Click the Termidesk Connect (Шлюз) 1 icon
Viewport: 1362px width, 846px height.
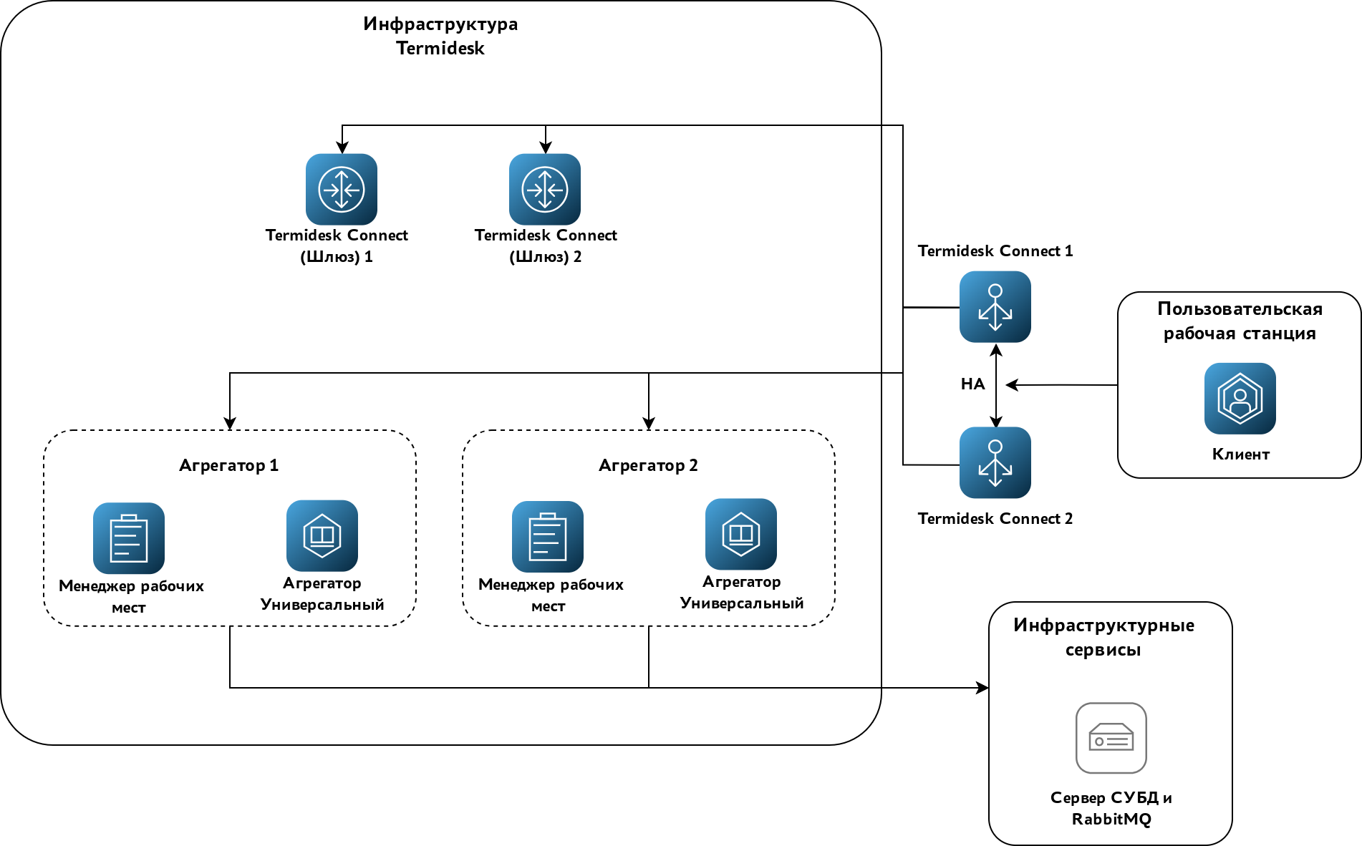(342, 190)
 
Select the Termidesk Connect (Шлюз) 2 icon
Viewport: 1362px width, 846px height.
(545, 190)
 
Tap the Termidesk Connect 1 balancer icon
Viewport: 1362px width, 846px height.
(995, 307)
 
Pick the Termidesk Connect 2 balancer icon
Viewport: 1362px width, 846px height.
(995, 463)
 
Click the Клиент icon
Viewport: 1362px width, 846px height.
(1240, 399)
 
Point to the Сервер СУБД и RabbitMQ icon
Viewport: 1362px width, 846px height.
(1111, 738)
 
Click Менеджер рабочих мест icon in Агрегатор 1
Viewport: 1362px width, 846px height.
(129, 538)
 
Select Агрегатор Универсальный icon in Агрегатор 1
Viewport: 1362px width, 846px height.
(322, 536)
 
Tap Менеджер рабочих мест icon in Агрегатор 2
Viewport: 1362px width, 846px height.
(548, 537)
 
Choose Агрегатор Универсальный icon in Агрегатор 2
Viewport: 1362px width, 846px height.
(741, 535)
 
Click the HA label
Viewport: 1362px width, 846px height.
(972, 384)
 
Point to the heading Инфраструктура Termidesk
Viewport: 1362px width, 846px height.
(440, 36)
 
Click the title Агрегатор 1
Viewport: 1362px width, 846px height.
(228, 465)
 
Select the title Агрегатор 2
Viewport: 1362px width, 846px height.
(648, 465)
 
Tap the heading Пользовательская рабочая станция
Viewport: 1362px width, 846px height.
(1240, 321)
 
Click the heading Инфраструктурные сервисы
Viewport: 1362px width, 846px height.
(1103, 637)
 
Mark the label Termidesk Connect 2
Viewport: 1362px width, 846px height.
(995, 518)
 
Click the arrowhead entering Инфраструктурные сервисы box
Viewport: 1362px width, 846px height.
(982, 688)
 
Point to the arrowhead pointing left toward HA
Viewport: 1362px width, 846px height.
(1012, 385)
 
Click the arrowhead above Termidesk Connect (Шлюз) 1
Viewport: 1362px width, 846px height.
(342, 147)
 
